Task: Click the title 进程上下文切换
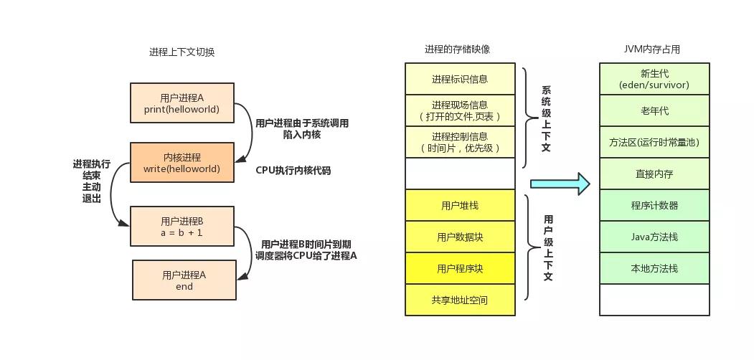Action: (x=182, y=52)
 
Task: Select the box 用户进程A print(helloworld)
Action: (x=182, y=103)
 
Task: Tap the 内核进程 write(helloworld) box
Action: (x=182, y=163)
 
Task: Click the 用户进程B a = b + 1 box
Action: (x=182, y=226)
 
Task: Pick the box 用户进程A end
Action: (x=184, y=280)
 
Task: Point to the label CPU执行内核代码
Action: (x=293, y=171)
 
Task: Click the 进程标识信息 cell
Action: (x=460, y=79)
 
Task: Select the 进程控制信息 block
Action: (x=460, y=142)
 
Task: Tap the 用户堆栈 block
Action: (x=460, y=205)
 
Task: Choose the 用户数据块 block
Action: (x=460, y=237)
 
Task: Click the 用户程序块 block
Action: (x=460, y=268)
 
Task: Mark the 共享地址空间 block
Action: (x=460, y=300)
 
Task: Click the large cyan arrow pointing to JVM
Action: (x=560, y=184)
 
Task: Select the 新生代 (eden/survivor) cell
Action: (x=654, y=79)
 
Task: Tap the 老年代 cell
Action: (x=654, y=110)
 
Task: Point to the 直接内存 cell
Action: (x=654, y=174)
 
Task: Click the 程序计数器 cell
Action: (x=654, y=205)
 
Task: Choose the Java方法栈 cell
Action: (x=654, y=237)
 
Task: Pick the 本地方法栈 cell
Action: (x=654, y=268)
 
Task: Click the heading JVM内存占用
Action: (x=651, y=49)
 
